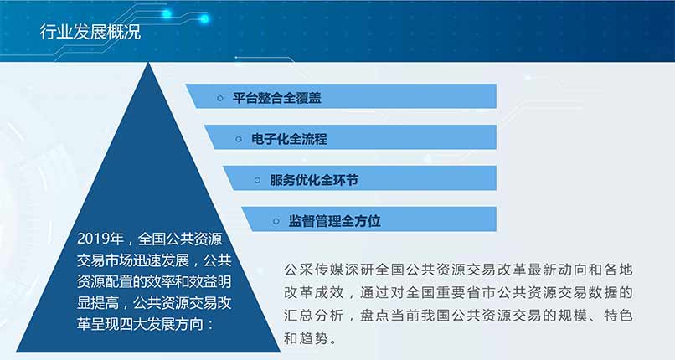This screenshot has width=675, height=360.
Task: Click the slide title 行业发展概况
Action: coord(90,32)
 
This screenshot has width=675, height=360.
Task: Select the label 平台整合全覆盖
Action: coord(277,98)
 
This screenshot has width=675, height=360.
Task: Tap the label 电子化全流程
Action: coord(289,139)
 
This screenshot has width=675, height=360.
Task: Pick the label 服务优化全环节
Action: coord(314,180)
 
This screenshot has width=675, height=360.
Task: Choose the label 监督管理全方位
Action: coord(334,221)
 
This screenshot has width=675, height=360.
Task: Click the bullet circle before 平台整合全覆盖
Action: coord(220,99)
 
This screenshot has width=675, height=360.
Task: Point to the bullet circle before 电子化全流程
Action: coord(239,139)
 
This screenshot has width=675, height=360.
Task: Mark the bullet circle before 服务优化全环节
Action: coord(257,180)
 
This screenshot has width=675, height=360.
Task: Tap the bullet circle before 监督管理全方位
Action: coord(276,222)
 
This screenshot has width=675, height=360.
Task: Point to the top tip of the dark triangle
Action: coord(148,62)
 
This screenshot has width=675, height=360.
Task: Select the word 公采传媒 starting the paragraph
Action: coord(313,270)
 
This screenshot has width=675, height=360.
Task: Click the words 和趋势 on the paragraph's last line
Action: coord(306,338)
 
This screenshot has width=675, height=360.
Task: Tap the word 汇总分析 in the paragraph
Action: coord(313,316)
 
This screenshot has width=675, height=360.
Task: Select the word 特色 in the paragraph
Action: coord(618,316)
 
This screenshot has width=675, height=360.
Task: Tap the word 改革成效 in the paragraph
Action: coord(313,292)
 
